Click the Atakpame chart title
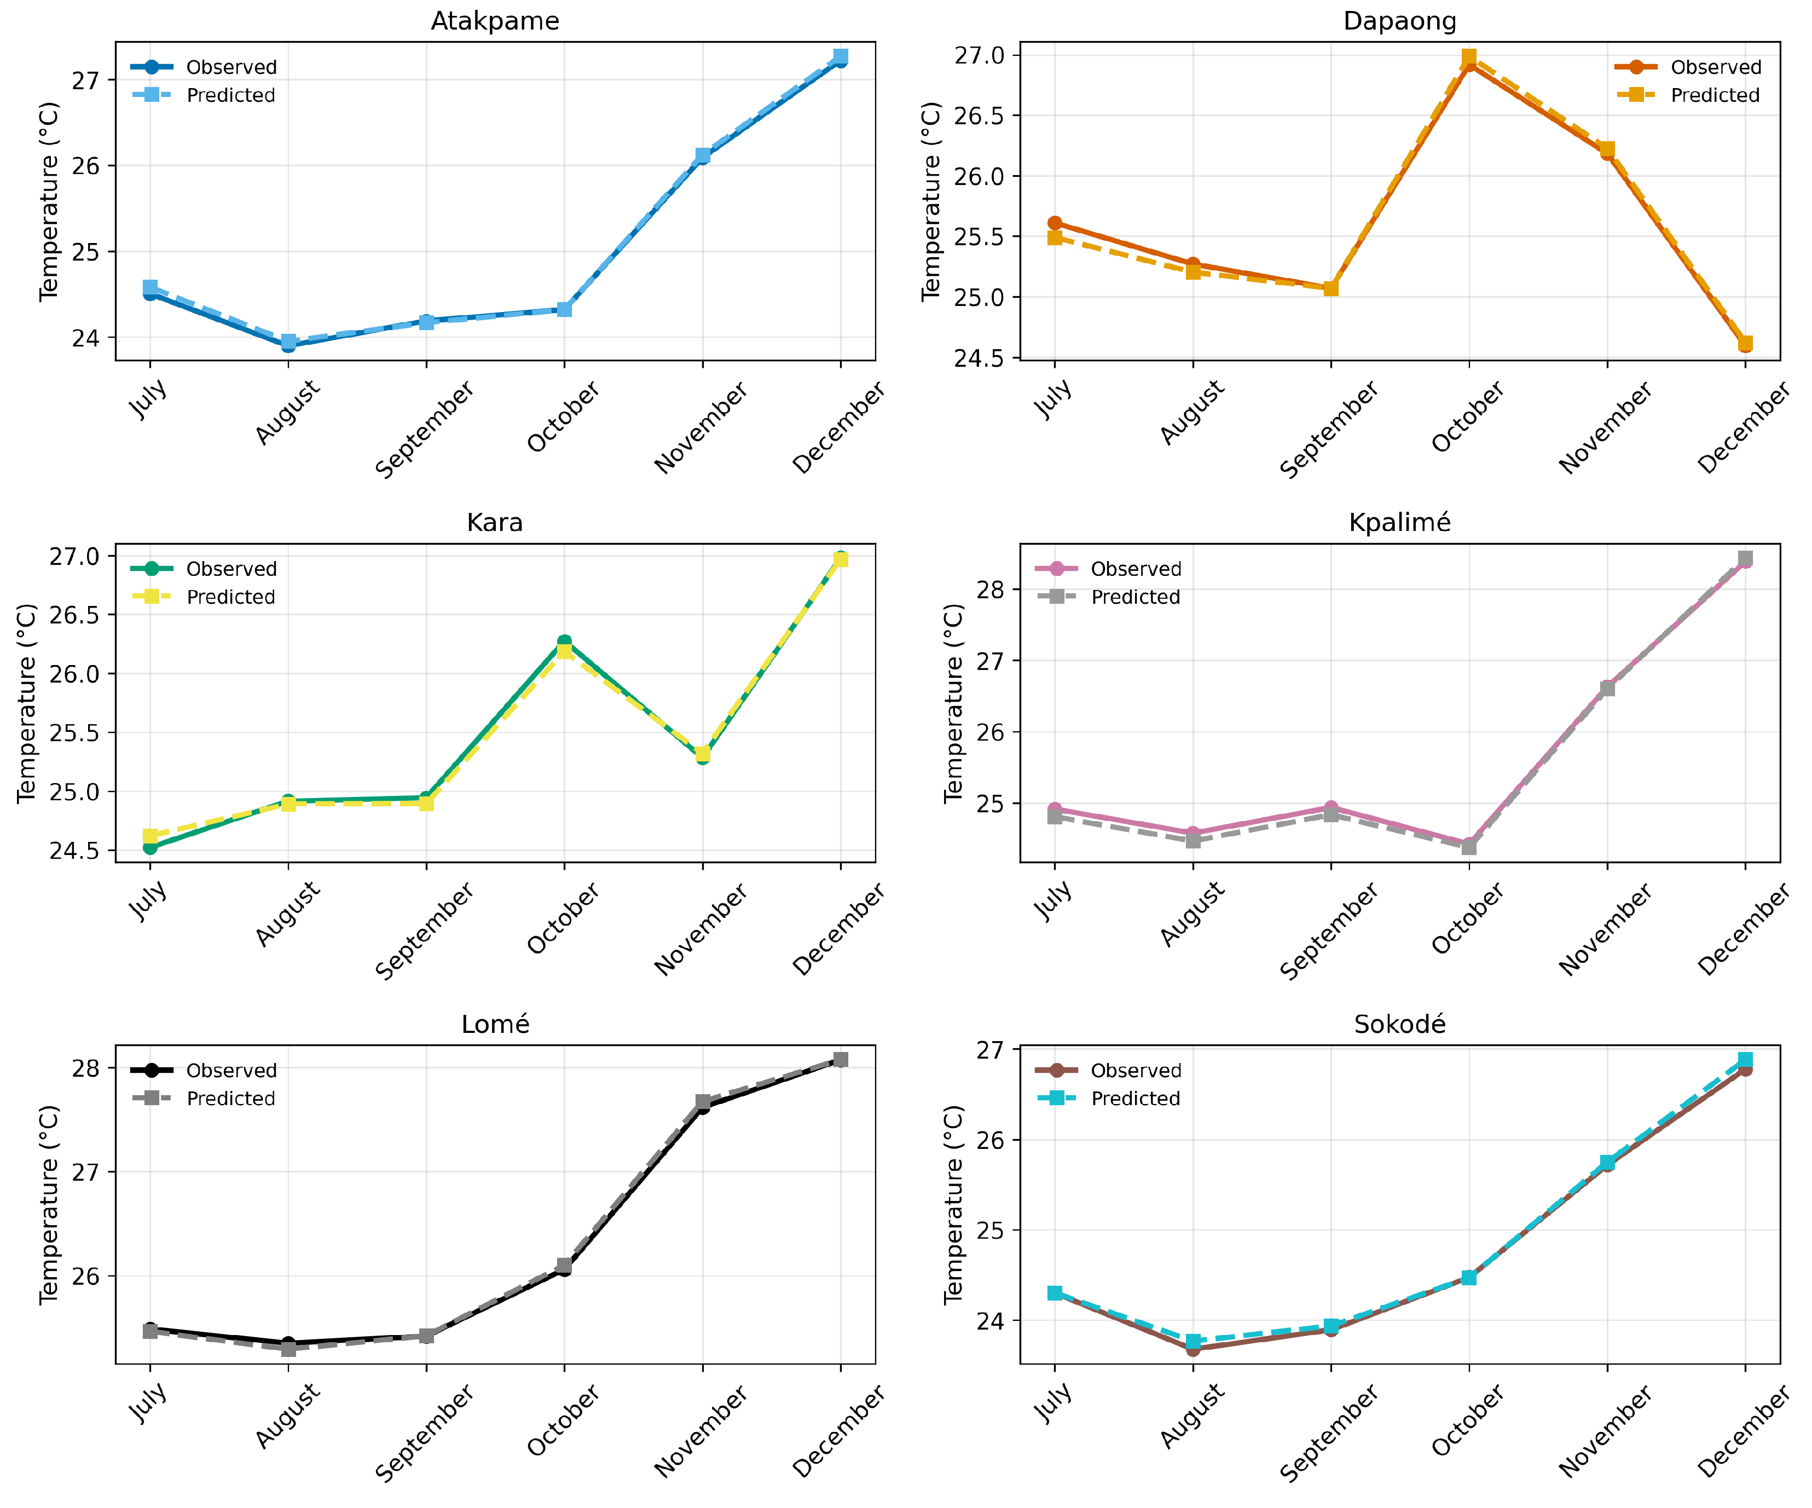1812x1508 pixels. click(495, 21)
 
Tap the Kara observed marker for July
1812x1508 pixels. click(150, 848)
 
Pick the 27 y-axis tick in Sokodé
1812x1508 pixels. click(992, 1050)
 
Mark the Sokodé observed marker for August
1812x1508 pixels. click(1192, 1348)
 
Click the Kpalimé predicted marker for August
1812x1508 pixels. click(1192, 840)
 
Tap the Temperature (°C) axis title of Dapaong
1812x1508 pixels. click(930, 202)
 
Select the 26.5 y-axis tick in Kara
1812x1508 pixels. click(74, 615)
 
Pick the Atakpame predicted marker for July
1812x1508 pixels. click(150, 287)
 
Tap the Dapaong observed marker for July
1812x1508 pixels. click(1055, 223)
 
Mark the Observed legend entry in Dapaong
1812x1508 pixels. click(1688, 67)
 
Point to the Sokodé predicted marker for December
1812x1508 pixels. click(1745, 1060)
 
